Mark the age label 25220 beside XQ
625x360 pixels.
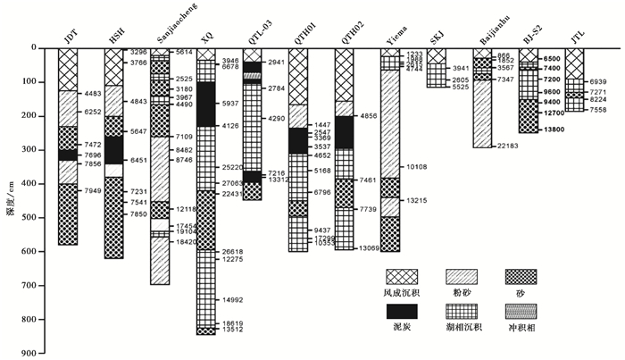pos(235,167)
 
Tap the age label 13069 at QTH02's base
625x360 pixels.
pos(371,247)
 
